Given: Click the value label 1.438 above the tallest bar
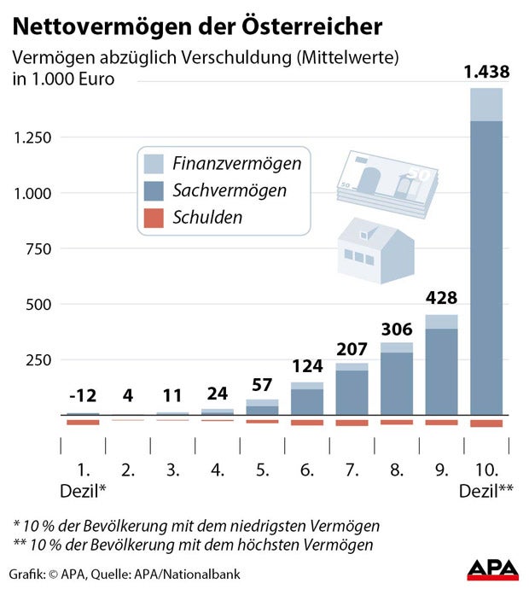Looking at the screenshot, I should click(x=485, y=73).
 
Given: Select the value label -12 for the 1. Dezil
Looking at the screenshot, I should click(x=83, y=396).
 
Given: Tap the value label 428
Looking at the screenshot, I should click(x=441, y=298).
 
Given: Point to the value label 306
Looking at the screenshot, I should click(x=397, y=329).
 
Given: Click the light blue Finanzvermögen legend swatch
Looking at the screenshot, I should click(x=154, y=163).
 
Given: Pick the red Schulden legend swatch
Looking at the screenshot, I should click(x=154, y=218).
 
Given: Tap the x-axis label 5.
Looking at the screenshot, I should click(x=262, y=469).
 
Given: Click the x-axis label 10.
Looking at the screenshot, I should click(x=485, y=469).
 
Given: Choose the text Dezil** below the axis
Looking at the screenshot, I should click(x=485, y=492).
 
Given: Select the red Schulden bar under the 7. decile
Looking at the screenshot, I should click(x=352, y=422).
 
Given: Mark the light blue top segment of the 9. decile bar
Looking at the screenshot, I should click(x=441, y=321).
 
